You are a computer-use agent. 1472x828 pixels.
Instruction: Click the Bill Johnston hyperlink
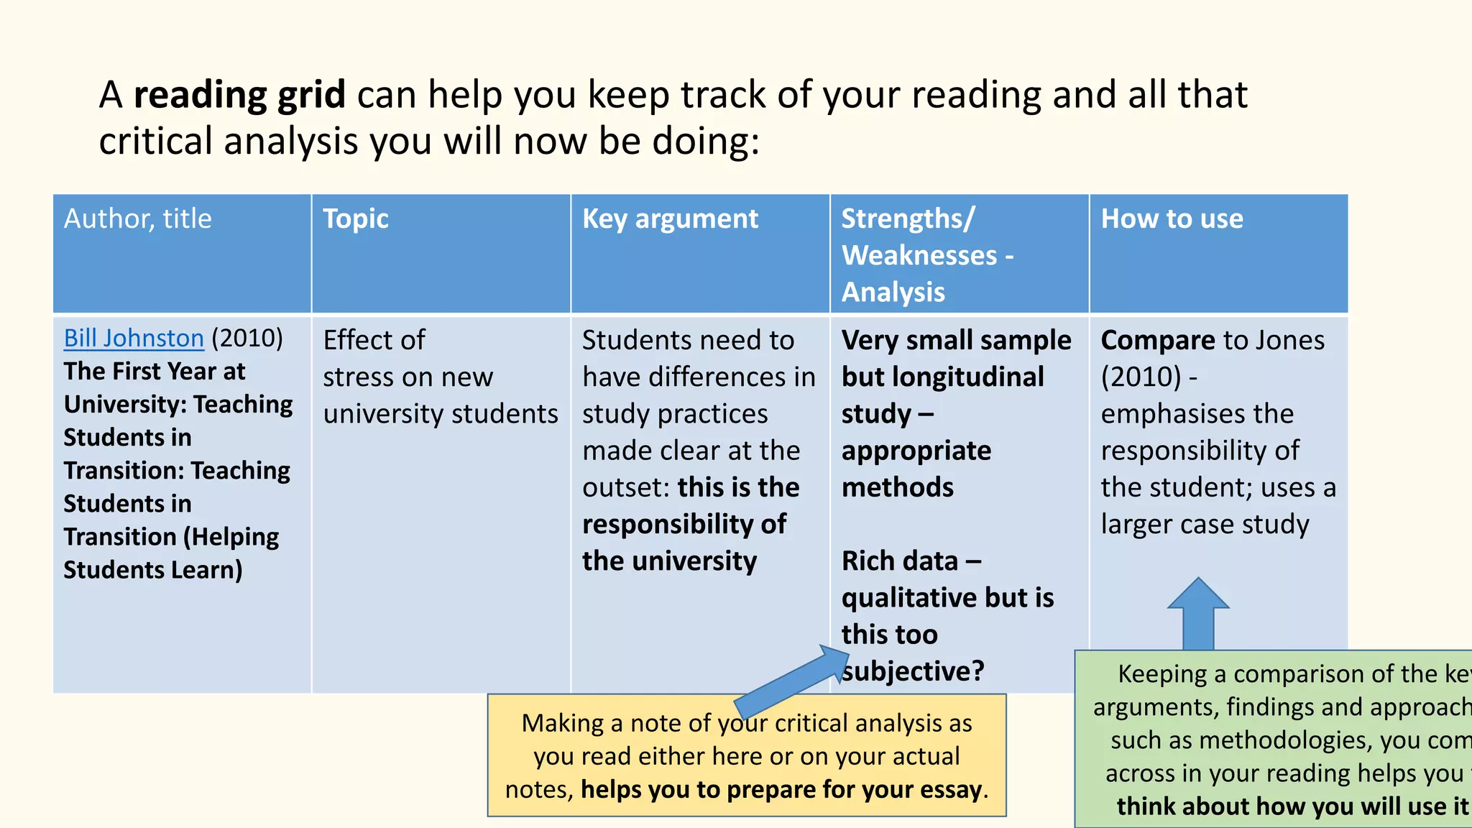pyautogui.click(x=134, y=338)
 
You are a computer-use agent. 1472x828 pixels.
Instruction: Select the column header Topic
pyautogui.click(x=356, y=218)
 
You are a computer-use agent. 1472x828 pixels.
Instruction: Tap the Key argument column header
pyautogui.click(x=670, y=218)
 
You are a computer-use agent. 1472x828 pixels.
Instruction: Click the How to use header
pyautogui.click(x=1172, y=218)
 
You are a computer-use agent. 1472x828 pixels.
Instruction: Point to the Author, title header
pyautogui.click(x=138, y=218)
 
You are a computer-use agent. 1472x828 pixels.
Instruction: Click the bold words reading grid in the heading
pyautogui.click(x=239, y=95)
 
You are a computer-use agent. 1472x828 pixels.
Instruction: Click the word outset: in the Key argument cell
pyautogui.click(x=626, y=487)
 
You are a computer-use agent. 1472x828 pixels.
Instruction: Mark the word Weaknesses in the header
pyautogui.click(x=919, y=255)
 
